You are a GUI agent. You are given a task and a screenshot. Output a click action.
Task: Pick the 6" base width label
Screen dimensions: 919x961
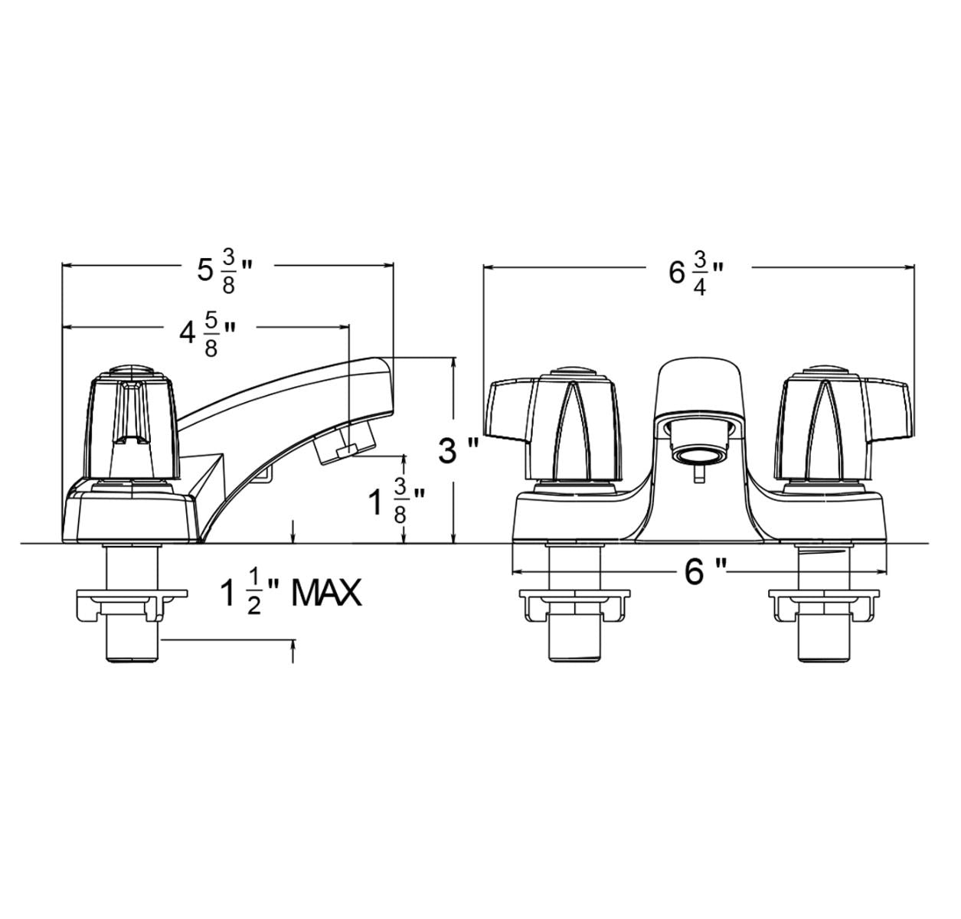point(703,571)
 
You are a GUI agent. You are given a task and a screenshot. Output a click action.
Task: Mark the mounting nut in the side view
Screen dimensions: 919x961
point(132,605)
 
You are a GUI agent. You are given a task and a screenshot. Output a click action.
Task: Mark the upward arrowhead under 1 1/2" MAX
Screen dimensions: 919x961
point(293,649)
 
